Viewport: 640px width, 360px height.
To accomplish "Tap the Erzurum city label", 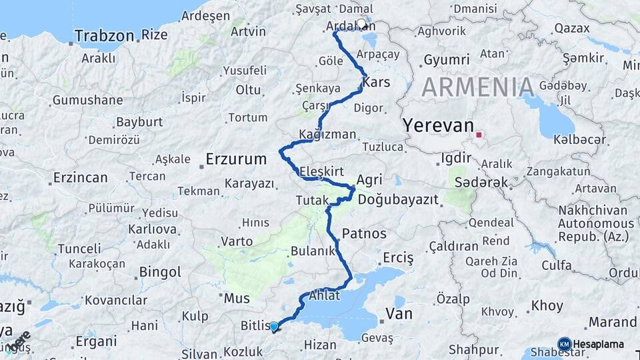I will pyautogui.click(x=236, y=159).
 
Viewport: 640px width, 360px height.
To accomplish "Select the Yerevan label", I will pyautogui.click(x=438, y=126).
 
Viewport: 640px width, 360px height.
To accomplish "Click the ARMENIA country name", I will pyautogui.click(x=478, y=87).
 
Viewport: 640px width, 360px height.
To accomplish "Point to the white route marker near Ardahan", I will pyautogui.click(x=362, y=24).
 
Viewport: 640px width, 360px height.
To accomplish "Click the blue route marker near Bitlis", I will pyautogui.click(x=273, y=326).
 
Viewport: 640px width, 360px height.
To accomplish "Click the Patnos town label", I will pyautogui.click(x=364, y=233).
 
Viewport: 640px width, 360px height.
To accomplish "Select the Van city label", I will pyautogui.click(x=399, y=313).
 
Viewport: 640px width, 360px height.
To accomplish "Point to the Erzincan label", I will pyautogui.click(x=79, y=178).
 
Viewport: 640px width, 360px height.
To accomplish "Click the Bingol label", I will pyautogui.click(x=160, y=272).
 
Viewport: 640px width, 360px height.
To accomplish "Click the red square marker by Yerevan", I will pyautogui.click(x=479, y=136).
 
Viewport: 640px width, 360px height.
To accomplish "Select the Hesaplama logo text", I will pyautogui.click(x=599, y=344).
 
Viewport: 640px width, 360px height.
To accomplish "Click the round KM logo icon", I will pyautogui.click(x=564, y=344).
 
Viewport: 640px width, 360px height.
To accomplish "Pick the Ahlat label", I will pyautogui.click(x=325, y=296).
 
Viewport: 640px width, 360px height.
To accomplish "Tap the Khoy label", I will pyautogui.click(x=547, y=306).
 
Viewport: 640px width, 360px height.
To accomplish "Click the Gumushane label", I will pyautogui.click(x=88, y=101).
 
